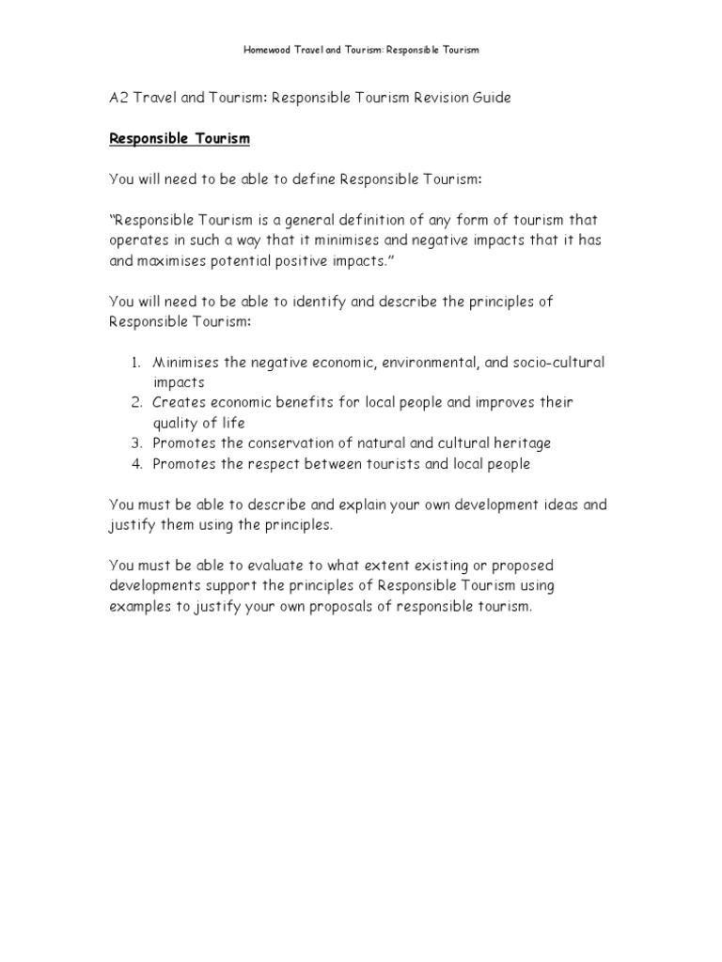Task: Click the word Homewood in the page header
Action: point(269,50)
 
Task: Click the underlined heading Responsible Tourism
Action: point(180,139)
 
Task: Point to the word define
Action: point(309,179)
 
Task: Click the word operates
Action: point(140,240)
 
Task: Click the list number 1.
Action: point(135,362)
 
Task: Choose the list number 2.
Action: point(135,402)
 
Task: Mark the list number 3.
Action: point(135,442)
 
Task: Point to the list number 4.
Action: point(135,463)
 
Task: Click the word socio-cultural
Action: point(560,362)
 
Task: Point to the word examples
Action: point(140,606)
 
